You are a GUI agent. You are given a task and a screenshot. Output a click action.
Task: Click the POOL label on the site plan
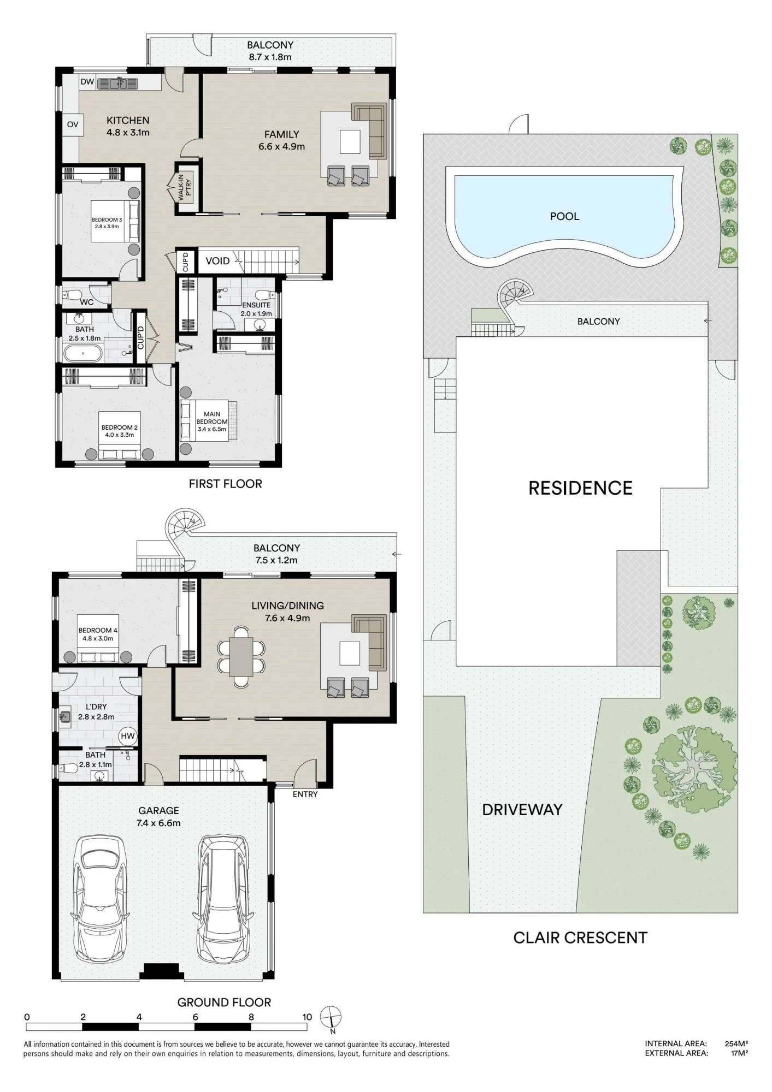pos(564,216)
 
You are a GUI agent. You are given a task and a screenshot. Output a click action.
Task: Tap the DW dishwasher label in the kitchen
pos(87,82)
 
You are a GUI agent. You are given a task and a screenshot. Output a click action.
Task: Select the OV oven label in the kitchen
pos(73,124)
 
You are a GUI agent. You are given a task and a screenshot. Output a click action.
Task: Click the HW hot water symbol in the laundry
pos(128,736)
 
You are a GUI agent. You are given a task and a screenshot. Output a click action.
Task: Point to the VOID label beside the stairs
pos(217,261)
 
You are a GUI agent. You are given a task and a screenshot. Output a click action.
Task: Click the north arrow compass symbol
pos(331,1017)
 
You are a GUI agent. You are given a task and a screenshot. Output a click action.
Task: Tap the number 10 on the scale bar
pos(307,1017)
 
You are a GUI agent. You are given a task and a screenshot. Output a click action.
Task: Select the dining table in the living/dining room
pos(241,656)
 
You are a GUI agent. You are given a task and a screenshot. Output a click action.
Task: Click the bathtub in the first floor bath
pos(83,354)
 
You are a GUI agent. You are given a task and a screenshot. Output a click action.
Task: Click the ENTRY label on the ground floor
pos(305,794)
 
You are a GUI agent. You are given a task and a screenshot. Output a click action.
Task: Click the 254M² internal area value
pos(736,1043)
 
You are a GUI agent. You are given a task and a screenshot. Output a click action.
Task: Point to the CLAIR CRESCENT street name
pos(580,937)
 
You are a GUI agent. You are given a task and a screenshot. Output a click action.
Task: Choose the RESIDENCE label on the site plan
pos(580,488)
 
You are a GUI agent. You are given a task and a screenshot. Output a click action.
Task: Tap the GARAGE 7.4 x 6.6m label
pos(158,817)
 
